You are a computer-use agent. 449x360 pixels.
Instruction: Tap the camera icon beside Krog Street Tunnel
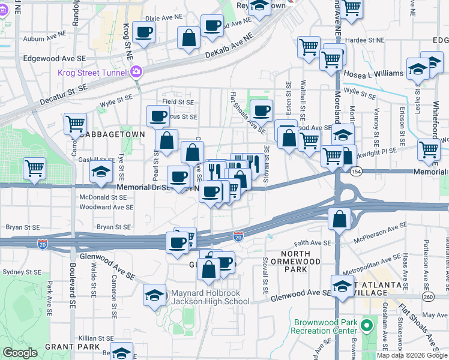(136, 72)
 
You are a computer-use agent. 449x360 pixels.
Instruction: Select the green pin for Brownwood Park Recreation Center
(366, 326)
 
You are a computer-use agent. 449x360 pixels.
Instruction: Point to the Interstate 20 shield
(238, 237)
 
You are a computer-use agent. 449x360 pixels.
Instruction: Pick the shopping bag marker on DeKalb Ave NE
(188, 38)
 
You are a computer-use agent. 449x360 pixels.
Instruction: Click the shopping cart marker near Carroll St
(75, 124)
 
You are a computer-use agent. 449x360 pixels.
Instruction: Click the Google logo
(20, 352)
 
